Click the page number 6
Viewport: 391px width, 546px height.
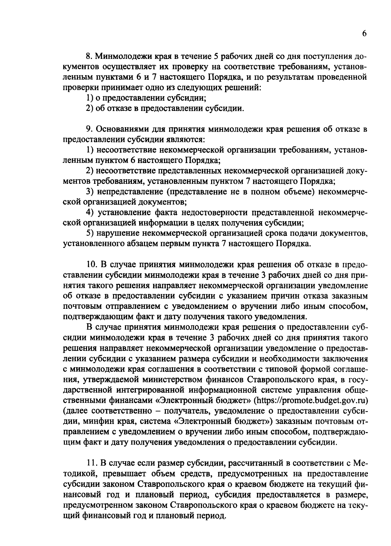coord(364,34)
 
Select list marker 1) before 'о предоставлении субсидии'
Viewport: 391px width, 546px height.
coord(90,98)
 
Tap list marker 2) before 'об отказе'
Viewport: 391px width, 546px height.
coord(90,108)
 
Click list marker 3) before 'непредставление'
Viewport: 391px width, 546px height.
coord(90,192)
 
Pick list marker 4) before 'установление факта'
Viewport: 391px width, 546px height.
coord(90,212)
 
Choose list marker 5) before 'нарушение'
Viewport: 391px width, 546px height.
coord(90,233)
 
